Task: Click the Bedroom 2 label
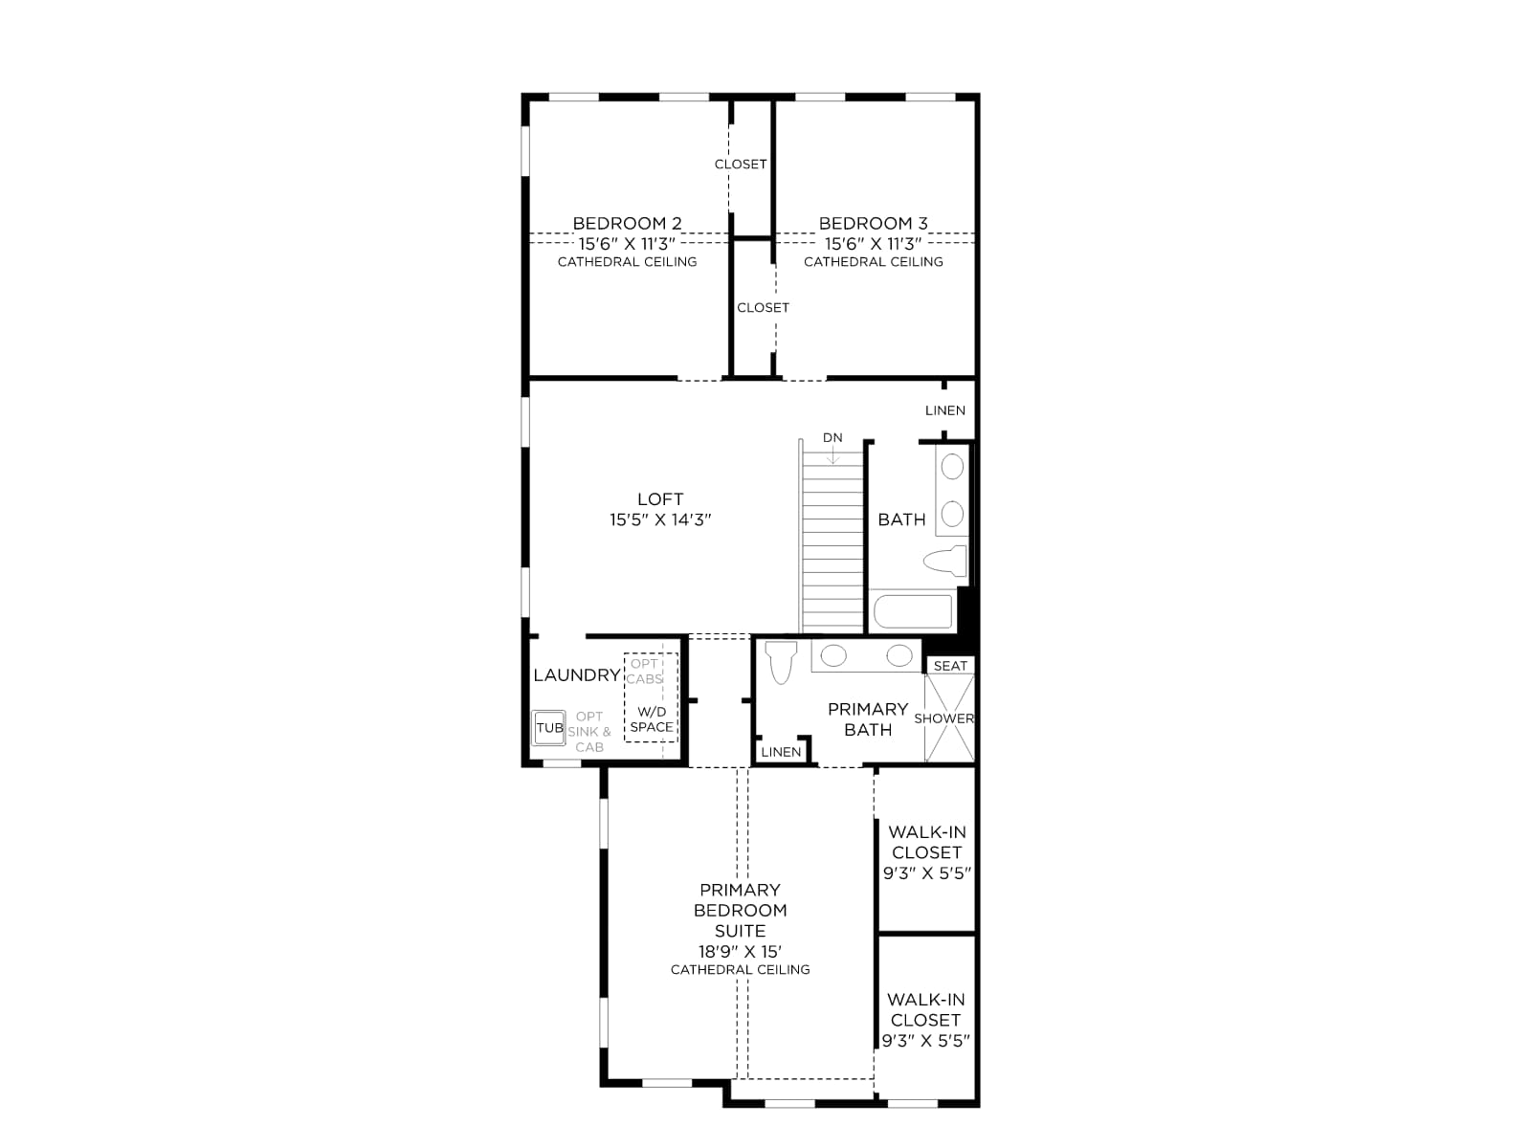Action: [627, 223]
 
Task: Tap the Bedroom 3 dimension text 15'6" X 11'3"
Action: [874, 243]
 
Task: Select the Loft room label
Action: [660, 499]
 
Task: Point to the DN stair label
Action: [832, 438]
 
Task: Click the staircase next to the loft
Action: [832, 541]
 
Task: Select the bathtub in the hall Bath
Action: [913, 611]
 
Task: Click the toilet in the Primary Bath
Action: [781, 662]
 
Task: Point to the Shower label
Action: [944, 717]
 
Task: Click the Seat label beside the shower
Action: [951, 666]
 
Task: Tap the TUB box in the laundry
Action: [549, 728]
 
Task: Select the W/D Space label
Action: [653, 719]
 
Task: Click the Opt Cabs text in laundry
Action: [645, 672]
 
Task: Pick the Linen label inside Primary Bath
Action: [781, 752]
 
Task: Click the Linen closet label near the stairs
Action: [945, 410]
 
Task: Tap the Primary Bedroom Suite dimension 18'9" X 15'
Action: [740, 952]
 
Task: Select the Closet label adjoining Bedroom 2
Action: [741, 164]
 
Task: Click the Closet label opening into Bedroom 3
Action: [763, 307]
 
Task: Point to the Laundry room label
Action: [577, 674]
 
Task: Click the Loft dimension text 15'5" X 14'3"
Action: [660, 519]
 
